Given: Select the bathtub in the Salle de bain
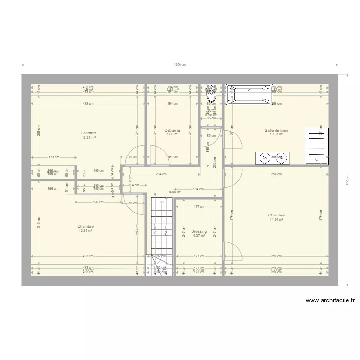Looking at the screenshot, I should pyautogui.click(x=249, y=95).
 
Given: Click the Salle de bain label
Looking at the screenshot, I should pyautogui.click(x=276, y=130).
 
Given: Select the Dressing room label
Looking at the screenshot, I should pyautogui.click(x=199, y=231).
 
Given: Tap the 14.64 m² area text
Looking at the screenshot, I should pyautogui.click(x=276, y=220).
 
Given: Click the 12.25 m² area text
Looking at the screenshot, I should pyautogui.click(x=89, y=138).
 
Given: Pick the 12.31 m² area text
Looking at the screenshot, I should pyautogui.click(x=85, y=231).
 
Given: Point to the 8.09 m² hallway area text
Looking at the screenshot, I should pyautogui.click(x=173, y=192).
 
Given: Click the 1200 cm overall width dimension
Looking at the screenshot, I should pyautogui.click(x=180, y=64).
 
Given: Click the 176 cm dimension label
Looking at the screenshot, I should pyautogui.click(x=98, y=202).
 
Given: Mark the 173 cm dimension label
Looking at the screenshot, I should pyautogui.click(x=53, y=157).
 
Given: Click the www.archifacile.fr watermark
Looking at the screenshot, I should pyautogui.click(x=330, y=301).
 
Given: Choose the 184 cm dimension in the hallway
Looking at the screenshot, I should pyautogui.click(x=198, y=189).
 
